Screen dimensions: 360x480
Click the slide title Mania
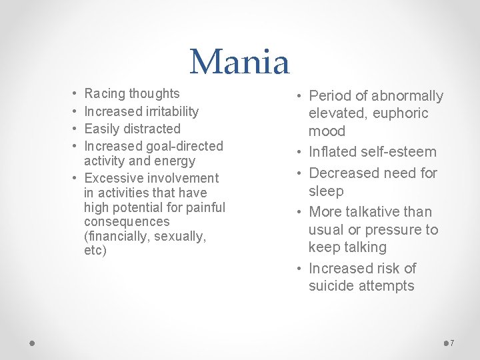coord(240,61)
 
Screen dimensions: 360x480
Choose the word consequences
coord(127,221)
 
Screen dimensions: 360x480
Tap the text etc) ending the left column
coord(95,251)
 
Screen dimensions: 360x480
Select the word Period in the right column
coord(331,96)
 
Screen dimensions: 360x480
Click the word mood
coord(327,131)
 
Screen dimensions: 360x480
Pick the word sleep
coord(326,191)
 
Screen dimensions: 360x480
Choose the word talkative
coord(373,212)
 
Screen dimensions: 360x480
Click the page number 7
coord(452,343)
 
